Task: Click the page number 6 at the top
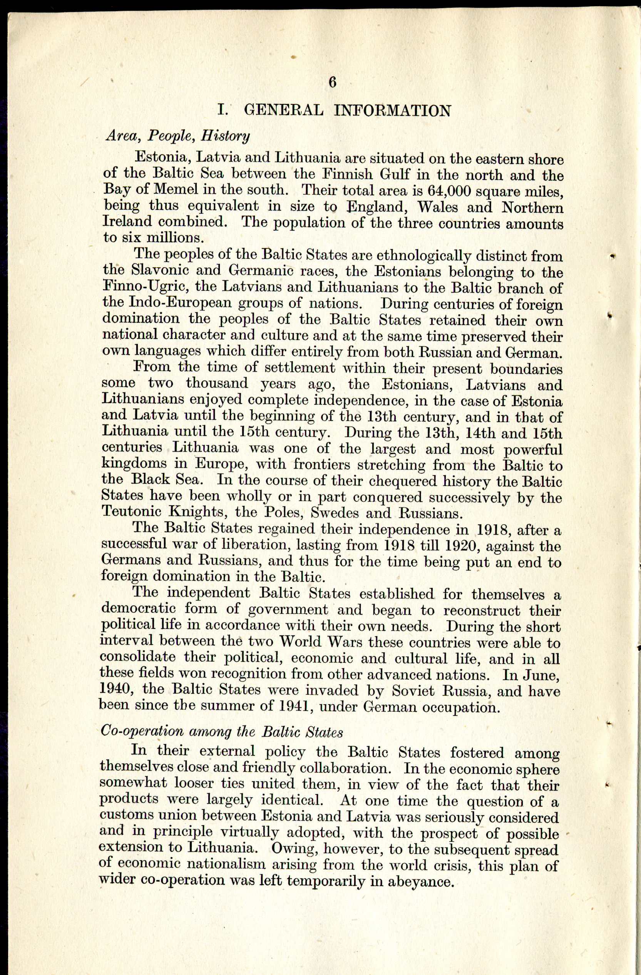pyautogui.click(x=332, y=82)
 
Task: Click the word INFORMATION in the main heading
pyautogui.click(x=393, y=111)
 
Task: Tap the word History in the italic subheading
pyautogui.click(x=225, y=136)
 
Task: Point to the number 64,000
pyautogui.click(x=450, y=191)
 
